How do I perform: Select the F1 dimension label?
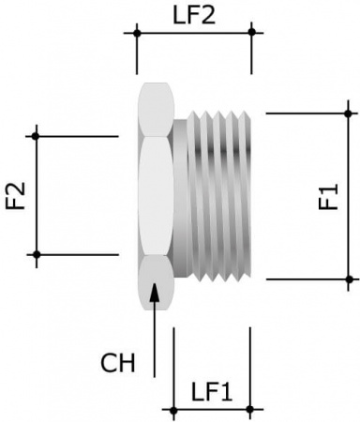coord(327,198)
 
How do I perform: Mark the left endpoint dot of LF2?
coord(137,33)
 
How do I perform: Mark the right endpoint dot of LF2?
coord(251,33)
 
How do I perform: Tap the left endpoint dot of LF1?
coord(173,409)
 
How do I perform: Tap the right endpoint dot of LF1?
coord(250,409)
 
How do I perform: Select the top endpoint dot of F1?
coord(350,113)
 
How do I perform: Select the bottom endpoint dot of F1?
coord(350,279)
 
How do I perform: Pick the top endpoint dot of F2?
coord(37,137)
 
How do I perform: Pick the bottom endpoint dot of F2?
coord(37,254)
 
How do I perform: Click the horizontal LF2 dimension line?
coord(194,33)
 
